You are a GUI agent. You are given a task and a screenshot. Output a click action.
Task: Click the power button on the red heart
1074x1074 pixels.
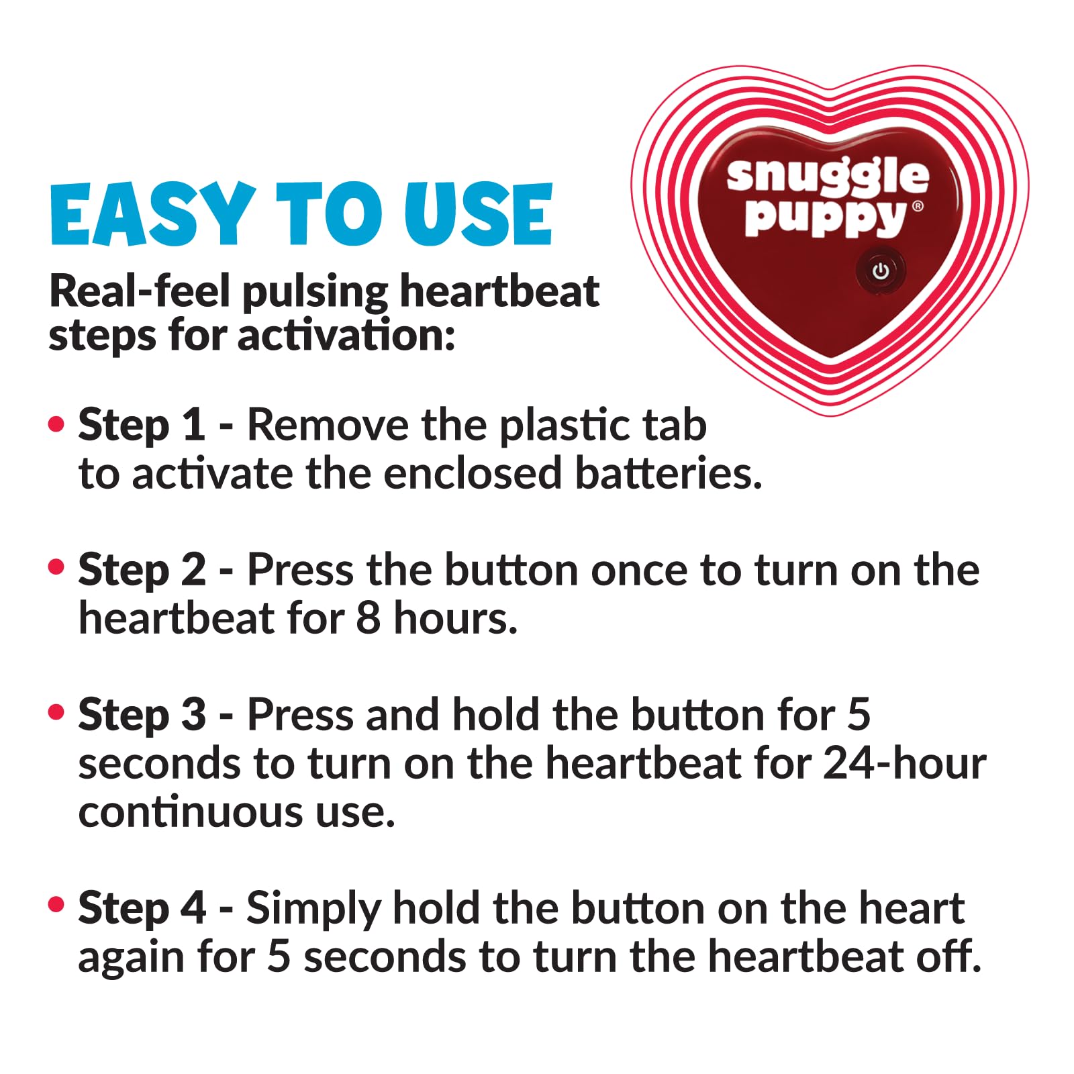[x=881, y=271]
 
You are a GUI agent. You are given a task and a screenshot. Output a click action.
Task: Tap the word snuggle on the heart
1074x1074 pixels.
[x=828, y=177]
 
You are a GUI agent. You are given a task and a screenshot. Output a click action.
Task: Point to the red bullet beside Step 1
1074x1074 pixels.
[x=57, y=424]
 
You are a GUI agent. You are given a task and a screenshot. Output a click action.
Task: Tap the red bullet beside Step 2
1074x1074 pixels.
[x=57, y=568]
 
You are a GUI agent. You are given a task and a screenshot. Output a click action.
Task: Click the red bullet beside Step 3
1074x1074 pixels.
[x=57, y=712]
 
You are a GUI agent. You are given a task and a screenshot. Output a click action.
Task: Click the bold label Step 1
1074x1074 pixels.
[x=142, y=426]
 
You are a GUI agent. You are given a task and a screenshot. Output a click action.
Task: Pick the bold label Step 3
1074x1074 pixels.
[x=142, y=714]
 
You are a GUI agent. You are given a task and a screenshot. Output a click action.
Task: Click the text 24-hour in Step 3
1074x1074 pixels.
[x=904, y=763]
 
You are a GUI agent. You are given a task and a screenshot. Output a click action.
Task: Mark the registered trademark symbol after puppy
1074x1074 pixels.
[x=918, y=206]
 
